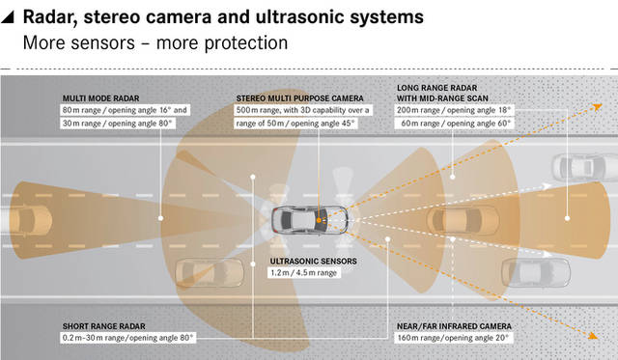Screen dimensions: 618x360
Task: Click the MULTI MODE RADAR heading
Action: click(x=100, y=98)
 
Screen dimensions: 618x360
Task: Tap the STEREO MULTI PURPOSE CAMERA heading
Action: click(x=299, y=98)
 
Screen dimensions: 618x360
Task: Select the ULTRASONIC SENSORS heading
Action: click(x=313, y=262)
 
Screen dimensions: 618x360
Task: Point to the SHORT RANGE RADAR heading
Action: click(x=103, y=326)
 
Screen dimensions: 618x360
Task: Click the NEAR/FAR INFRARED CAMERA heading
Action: click(x=454, y=326)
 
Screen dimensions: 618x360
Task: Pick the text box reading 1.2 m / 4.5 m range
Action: click(x=304, y=272)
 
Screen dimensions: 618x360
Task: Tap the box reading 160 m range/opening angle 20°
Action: click(x=453, y=338)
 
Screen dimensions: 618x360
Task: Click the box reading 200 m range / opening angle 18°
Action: click(x=454, y=110)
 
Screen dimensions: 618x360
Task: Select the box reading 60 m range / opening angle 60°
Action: click(x=454, y=124)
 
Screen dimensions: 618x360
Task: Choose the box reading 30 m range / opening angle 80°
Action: click(x=118, y=124)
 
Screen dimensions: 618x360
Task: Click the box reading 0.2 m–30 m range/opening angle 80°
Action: click(x=128, y=338)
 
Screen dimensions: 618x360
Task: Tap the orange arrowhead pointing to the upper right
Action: click(x=598, y=106)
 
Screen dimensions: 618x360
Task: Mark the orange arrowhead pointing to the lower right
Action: click(x=593, y=335)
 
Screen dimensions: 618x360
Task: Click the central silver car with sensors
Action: click(x=309, y=220)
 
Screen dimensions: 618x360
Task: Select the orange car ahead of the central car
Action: click(x=463, y=220)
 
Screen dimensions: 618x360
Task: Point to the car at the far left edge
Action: click(x=26, y=219)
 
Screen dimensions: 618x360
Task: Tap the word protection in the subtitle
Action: click(x=246, y=43)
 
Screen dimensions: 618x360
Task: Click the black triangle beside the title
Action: click(x=8, y=17)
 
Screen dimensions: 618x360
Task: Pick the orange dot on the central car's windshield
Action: click(x=319, y=220)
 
